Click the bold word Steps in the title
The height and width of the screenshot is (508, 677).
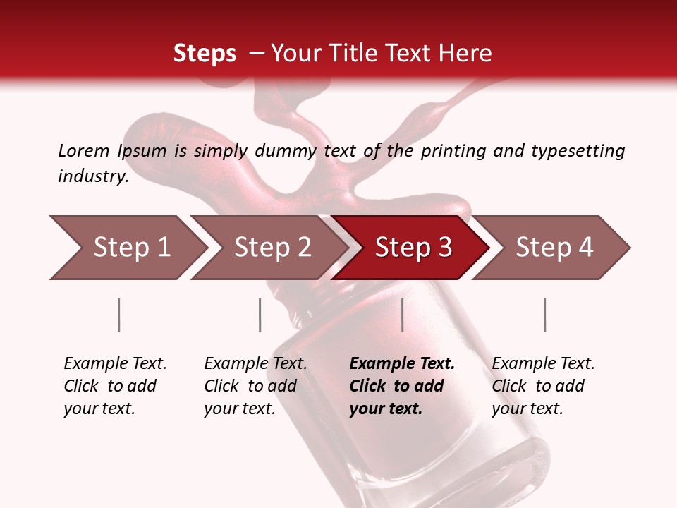205,54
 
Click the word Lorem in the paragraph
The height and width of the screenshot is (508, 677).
84,150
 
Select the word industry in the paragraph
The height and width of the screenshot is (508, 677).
93,176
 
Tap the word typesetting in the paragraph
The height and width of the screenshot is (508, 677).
578,151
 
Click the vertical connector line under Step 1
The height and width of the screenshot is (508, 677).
119,315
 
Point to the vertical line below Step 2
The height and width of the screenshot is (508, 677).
260,315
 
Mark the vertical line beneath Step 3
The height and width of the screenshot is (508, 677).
402,315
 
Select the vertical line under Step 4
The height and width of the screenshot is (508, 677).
544,315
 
